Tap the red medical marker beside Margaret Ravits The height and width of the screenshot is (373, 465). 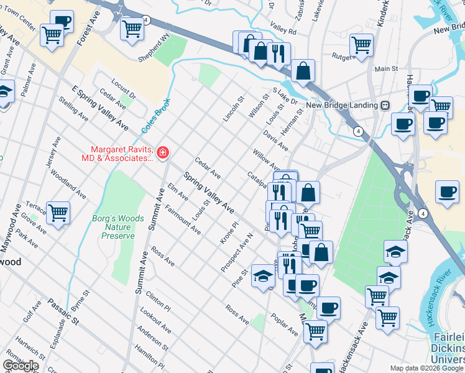163,152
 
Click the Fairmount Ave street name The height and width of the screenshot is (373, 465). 183,219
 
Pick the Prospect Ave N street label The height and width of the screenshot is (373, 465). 237,253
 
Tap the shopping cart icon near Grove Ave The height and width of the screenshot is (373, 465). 58,213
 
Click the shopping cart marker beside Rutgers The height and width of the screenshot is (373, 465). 361,45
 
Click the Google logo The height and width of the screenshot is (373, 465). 21,366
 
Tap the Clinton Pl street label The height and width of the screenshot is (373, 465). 159,301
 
